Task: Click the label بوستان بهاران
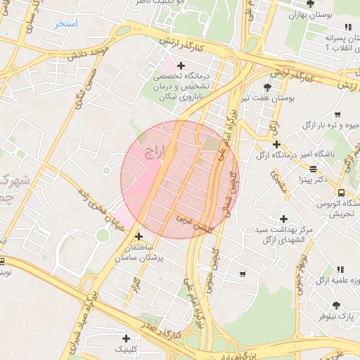tap(311, 14)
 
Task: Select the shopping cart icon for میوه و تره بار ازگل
tap(338, 115)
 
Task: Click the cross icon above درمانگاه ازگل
tap(277, 144)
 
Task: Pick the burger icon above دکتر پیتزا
tap(313, 169)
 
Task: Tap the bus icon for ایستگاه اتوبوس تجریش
tap(341, 192)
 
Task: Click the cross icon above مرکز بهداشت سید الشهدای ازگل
tap(283, 219)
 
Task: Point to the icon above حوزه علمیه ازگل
tap(340, 269)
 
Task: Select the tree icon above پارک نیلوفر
tap(336, 305)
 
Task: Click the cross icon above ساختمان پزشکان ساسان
tap(139, 237)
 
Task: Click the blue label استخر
tap(67, 24)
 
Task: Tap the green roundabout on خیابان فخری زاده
tap(103, 235)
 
